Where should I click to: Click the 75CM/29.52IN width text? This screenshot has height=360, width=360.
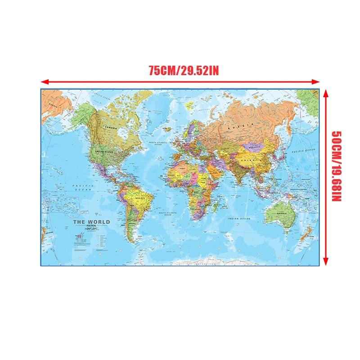(x=184, y=71)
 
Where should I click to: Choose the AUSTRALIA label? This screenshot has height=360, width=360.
(x=281, y=214)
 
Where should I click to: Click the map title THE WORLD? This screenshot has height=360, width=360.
(x=91, y=222)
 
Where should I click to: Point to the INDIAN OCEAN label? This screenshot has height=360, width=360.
(x=238, y=219)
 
